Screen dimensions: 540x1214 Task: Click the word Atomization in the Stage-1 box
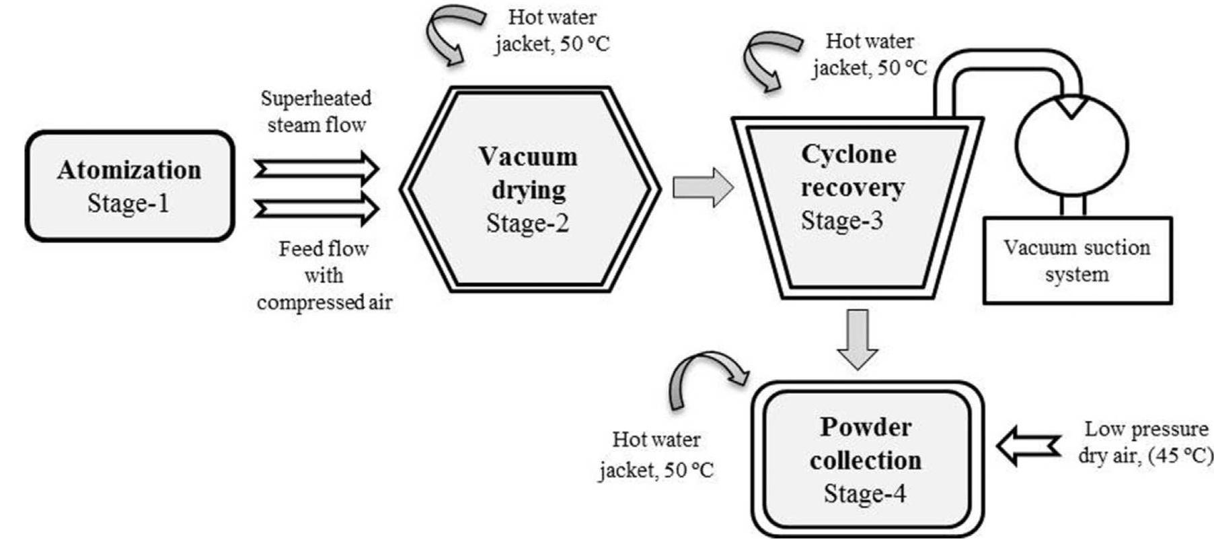pyautogui.click(x=129, y=170)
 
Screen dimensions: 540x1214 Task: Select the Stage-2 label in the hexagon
pyautogui.click(x=527, y=223)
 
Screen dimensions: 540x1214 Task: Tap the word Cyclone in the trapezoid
pyautogui.click(x=848, y=154)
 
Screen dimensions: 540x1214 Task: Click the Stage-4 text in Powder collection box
pyautogui.click(x=865, y=494)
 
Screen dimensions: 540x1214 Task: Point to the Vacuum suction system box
pyautogui.click(x=1077, y=261)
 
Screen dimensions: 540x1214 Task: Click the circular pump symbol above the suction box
pyautogui.click(x=1071, y=145)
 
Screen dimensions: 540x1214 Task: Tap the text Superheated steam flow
pyautogui.click(x=316, y=111)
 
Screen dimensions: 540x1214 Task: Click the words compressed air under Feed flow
pyautogui.click(x=324, y=303)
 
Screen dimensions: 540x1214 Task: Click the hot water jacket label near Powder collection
pyautogui.click(x=656, y=454)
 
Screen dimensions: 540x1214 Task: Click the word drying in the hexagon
pyautogui.click(x=528, y=190)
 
